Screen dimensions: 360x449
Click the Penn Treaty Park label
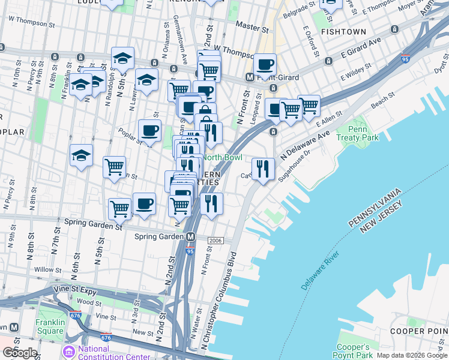coord(366,133)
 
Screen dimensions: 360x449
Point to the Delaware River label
coord(321,272)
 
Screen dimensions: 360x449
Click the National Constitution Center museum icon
coord(70,349)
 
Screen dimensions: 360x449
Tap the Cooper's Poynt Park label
coord(353,352)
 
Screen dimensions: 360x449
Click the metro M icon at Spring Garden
coord(191,236)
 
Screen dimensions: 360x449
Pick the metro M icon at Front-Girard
coord(250,77)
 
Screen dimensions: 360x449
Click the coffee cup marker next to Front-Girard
coord(264,64)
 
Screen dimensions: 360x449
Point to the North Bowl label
coord(222,157)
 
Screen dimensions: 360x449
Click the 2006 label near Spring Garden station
coord(215,241)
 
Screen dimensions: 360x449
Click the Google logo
coord(20,353)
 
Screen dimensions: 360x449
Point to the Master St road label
coord(252,26)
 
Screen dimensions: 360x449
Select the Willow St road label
coord(44,269)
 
